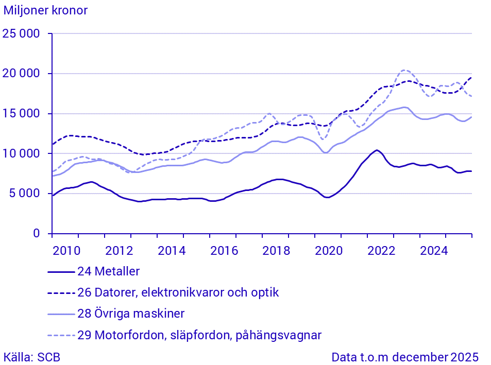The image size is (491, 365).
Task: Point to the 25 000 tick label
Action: pos(22,34)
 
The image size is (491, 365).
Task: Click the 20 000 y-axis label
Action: pos(22,74)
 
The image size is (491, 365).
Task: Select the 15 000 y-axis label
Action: pos(22,114)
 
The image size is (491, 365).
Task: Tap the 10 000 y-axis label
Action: pos(22,154)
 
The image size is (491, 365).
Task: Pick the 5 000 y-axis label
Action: pos(25,194)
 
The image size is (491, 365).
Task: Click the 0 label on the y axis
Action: pos(37,234)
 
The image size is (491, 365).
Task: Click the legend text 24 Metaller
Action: pos(108,271)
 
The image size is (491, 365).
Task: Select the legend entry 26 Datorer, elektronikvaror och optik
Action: pos(178,292)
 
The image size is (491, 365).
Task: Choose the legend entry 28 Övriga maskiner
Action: pos(131,314)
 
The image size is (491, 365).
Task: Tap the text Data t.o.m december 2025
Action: pos(405,357)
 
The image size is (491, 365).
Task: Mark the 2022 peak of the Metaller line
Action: pos(377,150)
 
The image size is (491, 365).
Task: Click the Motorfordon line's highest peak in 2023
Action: pos(404,70)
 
